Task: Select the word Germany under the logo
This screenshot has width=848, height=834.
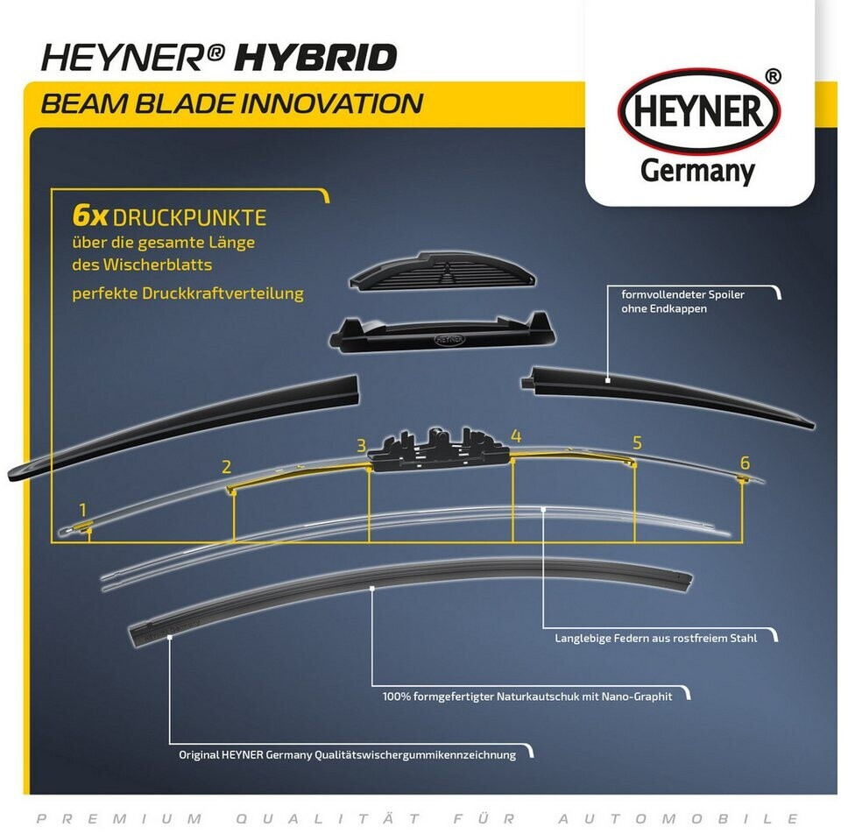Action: [697, 170]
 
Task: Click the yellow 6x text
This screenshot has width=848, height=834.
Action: [90, 216]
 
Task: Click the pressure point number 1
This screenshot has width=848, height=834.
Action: [83, 508]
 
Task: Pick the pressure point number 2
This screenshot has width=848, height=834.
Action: [226, 467]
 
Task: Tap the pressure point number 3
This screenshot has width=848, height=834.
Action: [361, 446]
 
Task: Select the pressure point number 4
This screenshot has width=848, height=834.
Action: [516, 436]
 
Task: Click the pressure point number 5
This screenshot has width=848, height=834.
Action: [637, 443]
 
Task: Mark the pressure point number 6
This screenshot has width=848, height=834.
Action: [745, 463]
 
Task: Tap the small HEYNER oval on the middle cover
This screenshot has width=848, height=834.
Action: [449, 337]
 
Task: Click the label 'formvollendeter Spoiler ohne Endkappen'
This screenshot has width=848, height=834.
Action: [682, 301]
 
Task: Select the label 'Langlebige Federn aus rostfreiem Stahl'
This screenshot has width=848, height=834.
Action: [655, 638]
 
